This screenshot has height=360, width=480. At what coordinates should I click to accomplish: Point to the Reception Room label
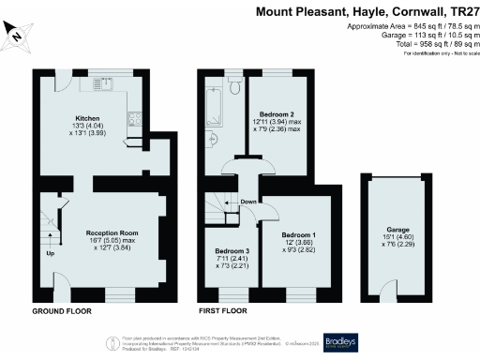(112, 232)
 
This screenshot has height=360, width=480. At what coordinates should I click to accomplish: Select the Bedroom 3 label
(232, 251)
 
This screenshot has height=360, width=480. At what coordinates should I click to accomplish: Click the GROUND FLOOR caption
(63, 310)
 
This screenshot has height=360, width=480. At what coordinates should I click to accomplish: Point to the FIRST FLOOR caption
(222, 310)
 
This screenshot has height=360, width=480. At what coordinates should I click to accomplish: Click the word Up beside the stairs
(49, 253)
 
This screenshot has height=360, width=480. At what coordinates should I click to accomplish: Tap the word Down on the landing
(248, 202)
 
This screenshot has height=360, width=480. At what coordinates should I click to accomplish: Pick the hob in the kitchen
(134, 119)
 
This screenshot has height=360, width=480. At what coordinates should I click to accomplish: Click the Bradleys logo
(342, 342)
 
